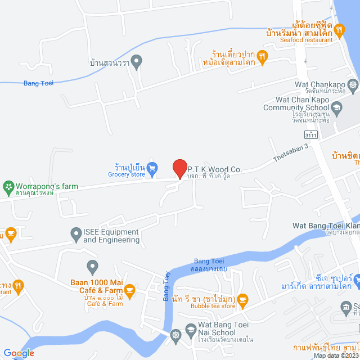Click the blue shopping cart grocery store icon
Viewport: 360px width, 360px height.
tap(152, 166)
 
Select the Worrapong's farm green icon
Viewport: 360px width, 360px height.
tap(8, 186)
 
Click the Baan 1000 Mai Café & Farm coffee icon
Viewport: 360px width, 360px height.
tap(130, 291)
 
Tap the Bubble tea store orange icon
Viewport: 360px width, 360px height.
tap(242, 299)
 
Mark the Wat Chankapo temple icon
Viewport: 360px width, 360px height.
tap(353, 85)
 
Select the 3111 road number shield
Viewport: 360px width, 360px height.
tap(310, 135)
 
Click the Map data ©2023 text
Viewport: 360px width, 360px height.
tap(335, 355)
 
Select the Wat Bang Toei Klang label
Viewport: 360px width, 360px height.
tap(326, 226)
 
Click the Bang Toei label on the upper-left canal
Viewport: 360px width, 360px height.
tap(38, 84)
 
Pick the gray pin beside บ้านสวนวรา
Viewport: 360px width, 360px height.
tap(136, 60)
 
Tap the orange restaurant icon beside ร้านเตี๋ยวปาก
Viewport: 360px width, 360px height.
tap(262, 56)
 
